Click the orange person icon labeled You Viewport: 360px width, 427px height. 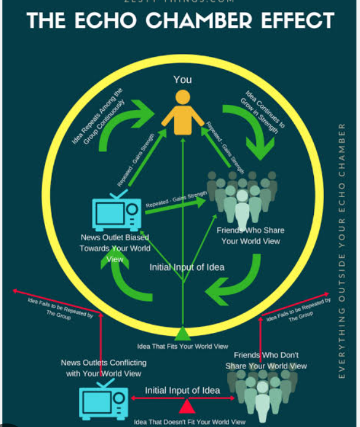click(183, 113)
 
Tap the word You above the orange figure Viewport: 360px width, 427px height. click(182, 79)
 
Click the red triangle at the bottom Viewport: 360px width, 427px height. click(187, 406)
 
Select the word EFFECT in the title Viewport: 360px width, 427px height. click(298, 22)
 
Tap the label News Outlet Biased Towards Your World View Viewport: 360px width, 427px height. click(115, 248)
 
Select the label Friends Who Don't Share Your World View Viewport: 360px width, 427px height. click(266, 360)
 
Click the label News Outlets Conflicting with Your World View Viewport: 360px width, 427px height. click(103, 368)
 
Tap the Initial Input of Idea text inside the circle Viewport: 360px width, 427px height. click(187, 267)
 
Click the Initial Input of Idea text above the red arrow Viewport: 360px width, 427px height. click(182, 390)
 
